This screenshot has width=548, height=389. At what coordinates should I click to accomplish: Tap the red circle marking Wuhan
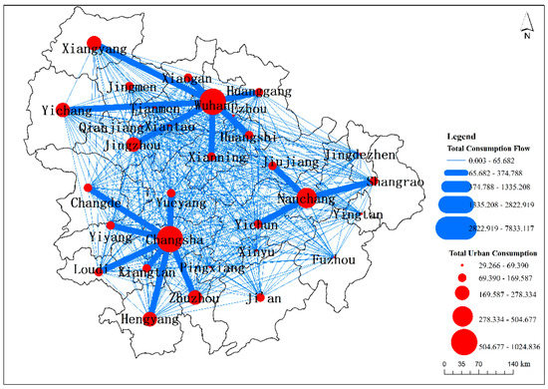click(212, 102)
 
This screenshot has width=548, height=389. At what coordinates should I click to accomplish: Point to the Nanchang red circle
click(306, 197)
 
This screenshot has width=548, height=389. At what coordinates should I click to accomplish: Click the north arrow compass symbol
click(524, 32)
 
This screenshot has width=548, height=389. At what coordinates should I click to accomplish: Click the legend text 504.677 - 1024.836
click(496, 345)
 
